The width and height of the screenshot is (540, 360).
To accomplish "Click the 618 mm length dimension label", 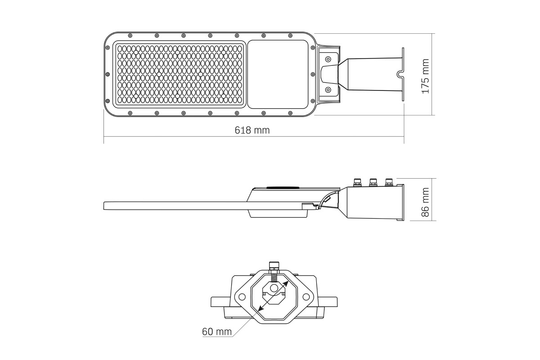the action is [x=252, y=130].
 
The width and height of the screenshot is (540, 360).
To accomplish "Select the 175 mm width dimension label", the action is [x=425, y=76].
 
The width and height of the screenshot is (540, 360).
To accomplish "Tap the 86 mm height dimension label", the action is [x=425, y=202].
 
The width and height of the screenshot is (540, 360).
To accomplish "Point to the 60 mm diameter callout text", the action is [x=217, y=332].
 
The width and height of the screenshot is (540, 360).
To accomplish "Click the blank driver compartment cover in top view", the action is [x=278, y=74].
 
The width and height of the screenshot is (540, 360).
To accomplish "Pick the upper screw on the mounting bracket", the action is [x=328, y=59].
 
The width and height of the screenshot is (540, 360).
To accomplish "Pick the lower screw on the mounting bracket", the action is [x=328, y=90].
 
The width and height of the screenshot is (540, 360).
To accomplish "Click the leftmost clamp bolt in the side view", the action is [x=357, y=182].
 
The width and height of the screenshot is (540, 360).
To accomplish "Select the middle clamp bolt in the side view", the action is [x=373, y=182].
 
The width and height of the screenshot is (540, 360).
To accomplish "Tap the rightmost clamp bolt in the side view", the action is [x=389, y=182].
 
